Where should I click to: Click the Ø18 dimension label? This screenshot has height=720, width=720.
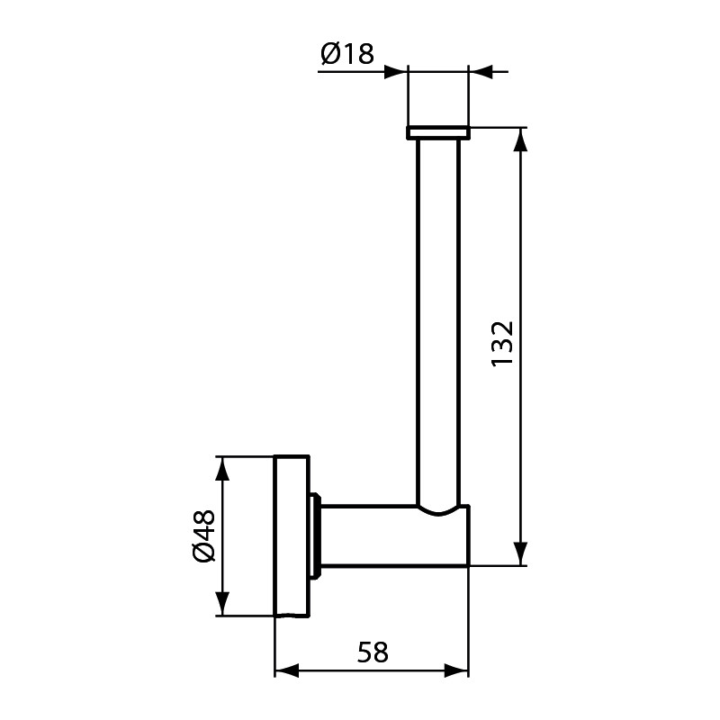pyautogui.click(x=347, y=54)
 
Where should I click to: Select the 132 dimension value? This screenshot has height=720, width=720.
pyautogui.click(x=502, y=344)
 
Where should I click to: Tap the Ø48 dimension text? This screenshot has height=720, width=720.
pyautogui.click(x=204, y=535)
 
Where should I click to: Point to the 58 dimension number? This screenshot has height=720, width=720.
pyautogui.click(x=373, y=652)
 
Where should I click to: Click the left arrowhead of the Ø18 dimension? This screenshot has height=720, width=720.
pyautogui.click(x=396, y=72)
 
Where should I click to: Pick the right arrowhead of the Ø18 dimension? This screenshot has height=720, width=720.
pyautogui.click(x=481, y=72)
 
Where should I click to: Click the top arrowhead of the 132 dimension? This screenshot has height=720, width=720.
pyautogui.click(x=520, y=139)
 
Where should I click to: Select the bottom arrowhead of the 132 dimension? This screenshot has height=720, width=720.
pyautogui.click(x=520, y=553)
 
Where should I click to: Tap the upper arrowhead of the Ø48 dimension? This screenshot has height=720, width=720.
pyautogui.click(x=222, y=469)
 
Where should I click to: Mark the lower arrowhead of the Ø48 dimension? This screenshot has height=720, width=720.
pyautogui.click(x=222, y=604)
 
